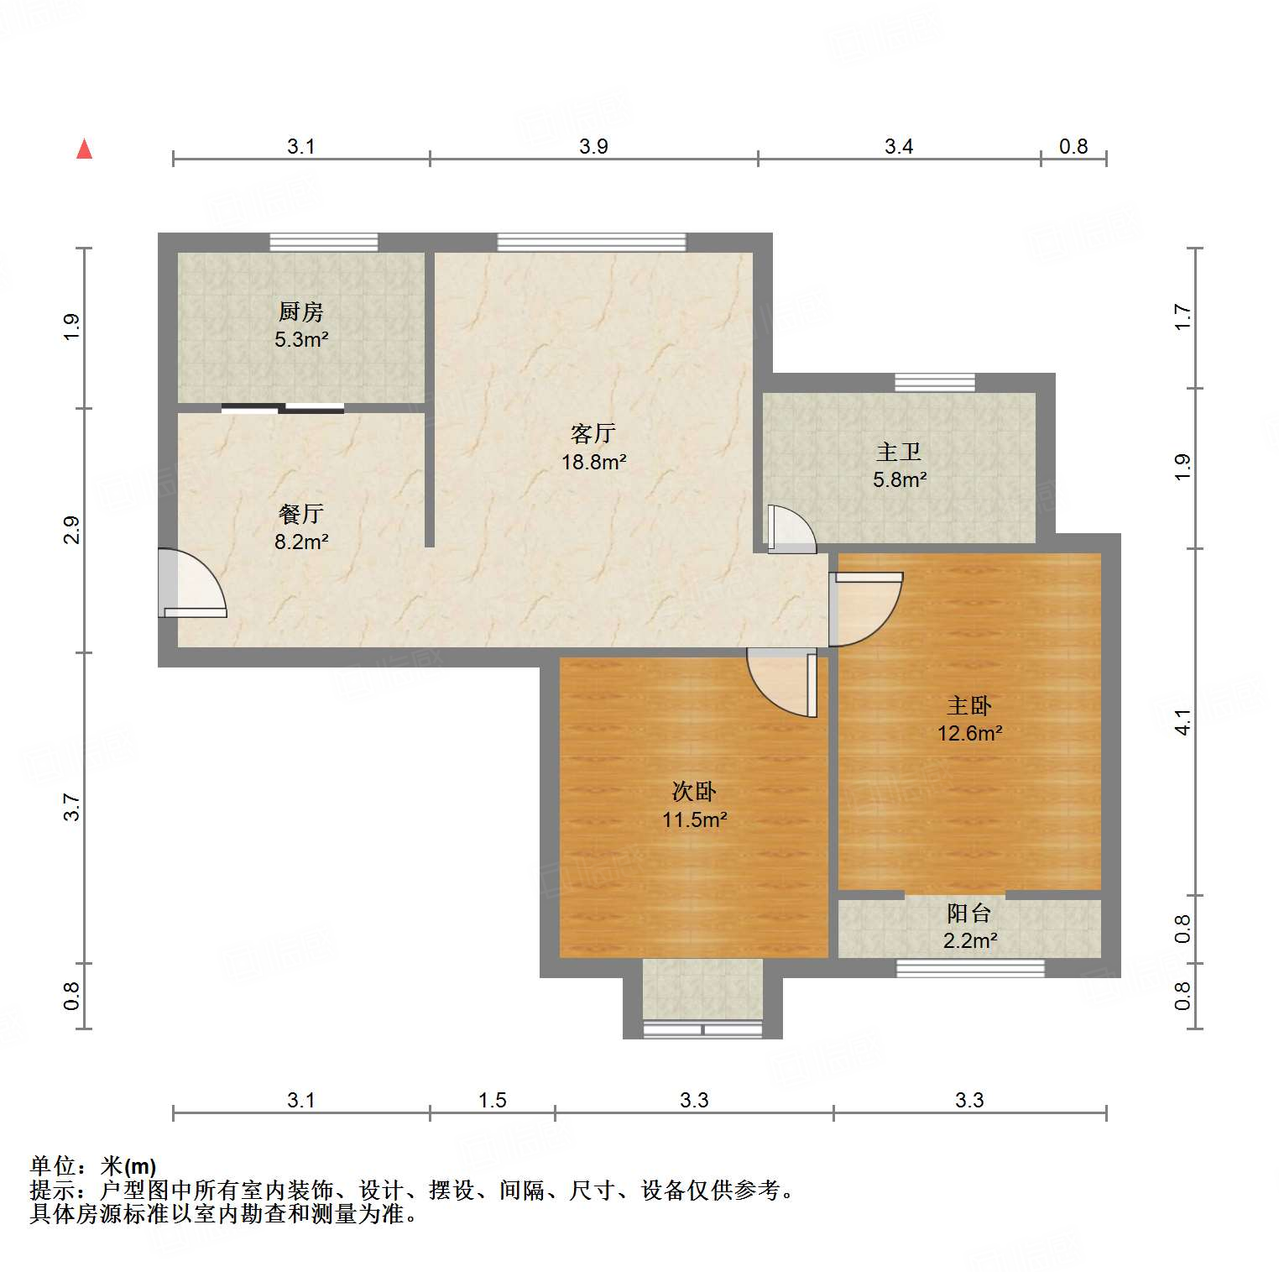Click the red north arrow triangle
tap(84, 149)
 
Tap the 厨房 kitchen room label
tap(300, 312)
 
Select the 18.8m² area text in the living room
tap(593, 462)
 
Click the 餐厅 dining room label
tap(300, 514)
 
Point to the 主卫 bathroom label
tap(899, 453)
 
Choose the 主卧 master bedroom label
tap(969, 706)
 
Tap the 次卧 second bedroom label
tap(694, 792)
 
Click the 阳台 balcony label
tap(969, 913)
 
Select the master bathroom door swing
tap(789, 529)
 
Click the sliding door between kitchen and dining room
tap(283, 409)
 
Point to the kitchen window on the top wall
tap(323, 243)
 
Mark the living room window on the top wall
tap(592, 243)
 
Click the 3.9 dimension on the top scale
tap(593, 147)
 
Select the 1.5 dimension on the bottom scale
tap(492, 1100)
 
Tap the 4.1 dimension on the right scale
tap(1182, 722)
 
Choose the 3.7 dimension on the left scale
tap(72, 807)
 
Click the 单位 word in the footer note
tap(53, 1166)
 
